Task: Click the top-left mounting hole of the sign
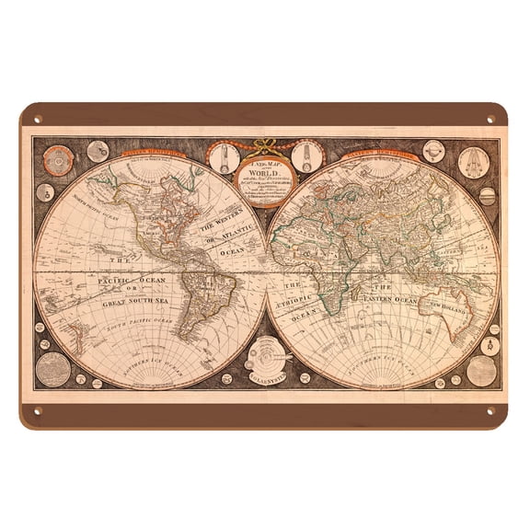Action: [37, 118]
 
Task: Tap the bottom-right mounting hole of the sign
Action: [491, 410]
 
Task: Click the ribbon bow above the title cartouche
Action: [264, 144]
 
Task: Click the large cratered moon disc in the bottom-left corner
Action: [52, 369]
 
